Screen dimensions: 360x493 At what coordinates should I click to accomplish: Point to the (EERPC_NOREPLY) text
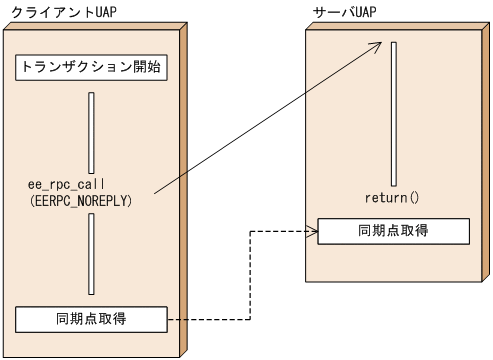click(x=81, y=201)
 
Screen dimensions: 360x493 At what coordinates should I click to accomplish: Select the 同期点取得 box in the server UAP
click(x=392, y=230)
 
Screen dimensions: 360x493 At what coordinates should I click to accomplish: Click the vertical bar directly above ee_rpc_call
click(x=91, y=133)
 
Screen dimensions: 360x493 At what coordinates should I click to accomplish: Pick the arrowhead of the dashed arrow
click(x=313, y=230)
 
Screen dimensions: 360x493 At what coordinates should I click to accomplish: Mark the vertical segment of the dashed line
click(x=246, y=275)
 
